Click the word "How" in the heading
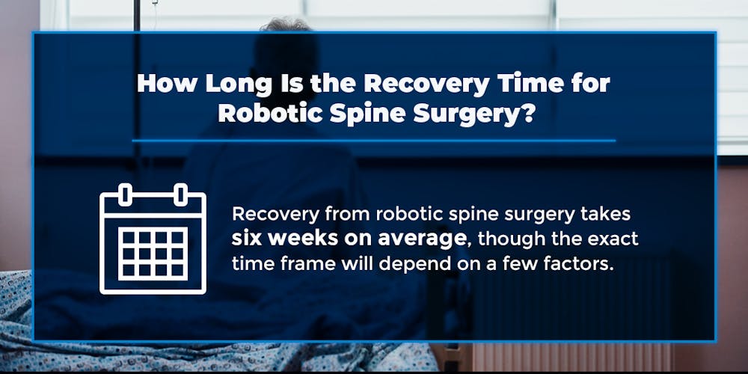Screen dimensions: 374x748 (162, 84)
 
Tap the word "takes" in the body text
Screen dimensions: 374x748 (607, 215)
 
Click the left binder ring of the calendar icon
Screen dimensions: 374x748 (126, 194)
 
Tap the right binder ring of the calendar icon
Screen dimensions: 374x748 (180, 194)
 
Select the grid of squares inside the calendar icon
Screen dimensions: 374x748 (153, 254)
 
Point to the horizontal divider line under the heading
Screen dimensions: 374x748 (374, 141)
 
